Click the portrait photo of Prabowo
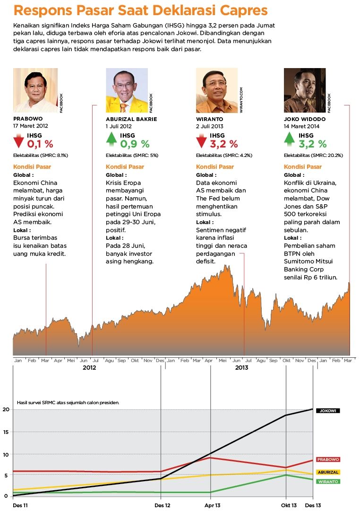35,90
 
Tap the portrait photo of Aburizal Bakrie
127,90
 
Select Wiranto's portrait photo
217,90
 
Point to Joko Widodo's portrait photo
305,90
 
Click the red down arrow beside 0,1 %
19,141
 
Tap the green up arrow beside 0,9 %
111,140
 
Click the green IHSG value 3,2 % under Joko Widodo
312,144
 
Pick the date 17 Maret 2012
31,126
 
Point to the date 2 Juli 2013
210,126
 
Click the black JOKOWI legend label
328,411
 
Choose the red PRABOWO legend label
328,459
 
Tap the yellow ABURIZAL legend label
328,472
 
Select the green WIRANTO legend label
328,482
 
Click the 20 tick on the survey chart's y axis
6,409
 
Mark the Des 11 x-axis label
20,506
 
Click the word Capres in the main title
240,11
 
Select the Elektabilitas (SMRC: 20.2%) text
313,156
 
